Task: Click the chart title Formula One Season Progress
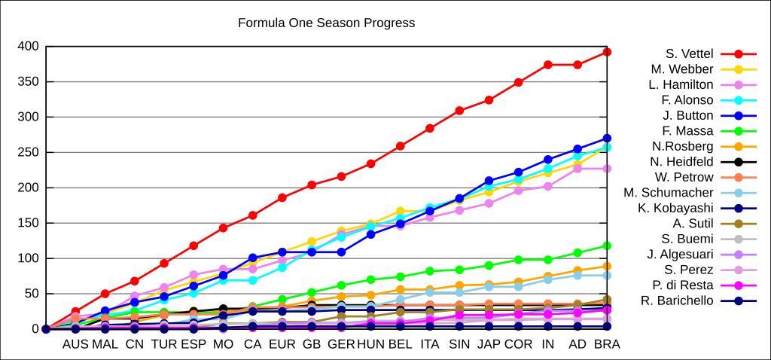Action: pyautogui.click(x=326, y=23)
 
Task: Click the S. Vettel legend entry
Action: pyautogui.click(x=689, y=54)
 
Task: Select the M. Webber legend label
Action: pyautogui.click(x=682, y=69)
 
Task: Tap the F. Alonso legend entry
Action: pyautogui.click(x=687, y=100)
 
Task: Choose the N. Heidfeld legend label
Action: pyautogui.click(x=681, y=162)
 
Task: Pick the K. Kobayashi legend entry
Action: pyautogui.click(x=675, y=208)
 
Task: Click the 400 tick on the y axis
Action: pyautogui.click(x=28, y=47)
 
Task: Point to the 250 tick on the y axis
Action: pyautogui.click(x=28, y=152)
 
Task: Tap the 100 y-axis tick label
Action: pyautogui.click(x=28, y=258)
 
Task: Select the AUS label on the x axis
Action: pyautogui.click(x=75, y=344)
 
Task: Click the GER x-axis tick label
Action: pyautogui.click(x=341, y=344)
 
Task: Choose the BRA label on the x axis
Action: pyautogui.click(x=607, y=344)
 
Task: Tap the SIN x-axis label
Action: pyautogui.click(x=459, y=344)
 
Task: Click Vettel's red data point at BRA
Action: pyautogui.click(x=607, y=52)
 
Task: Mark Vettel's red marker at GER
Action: pyautogui.click(x=341, y=176)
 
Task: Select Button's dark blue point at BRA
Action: pyautogui.click(x=607, y=139)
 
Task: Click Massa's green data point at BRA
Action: pyautogui.click(x=607, y=246)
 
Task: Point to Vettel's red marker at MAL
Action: pyautogui.click(x=105, y=294)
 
